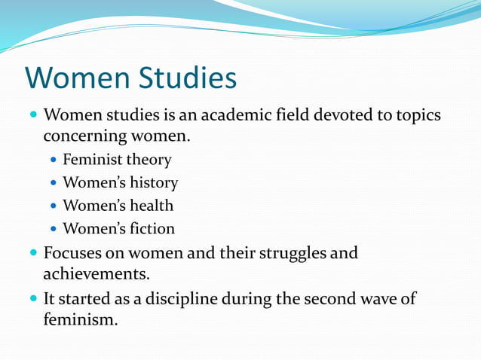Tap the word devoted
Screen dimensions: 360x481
coord(344,117)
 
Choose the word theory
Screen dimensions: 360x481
coord(149,160)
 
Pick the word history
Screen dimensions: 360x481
coord(153,183)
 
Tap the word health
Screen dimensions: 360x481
coord(149,206)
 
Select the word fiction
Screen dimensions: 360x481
coord(150,228)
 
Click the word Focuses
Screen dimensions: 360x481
coord(75,252)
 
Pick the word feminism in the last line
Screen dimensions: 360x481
coord(79,319)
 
